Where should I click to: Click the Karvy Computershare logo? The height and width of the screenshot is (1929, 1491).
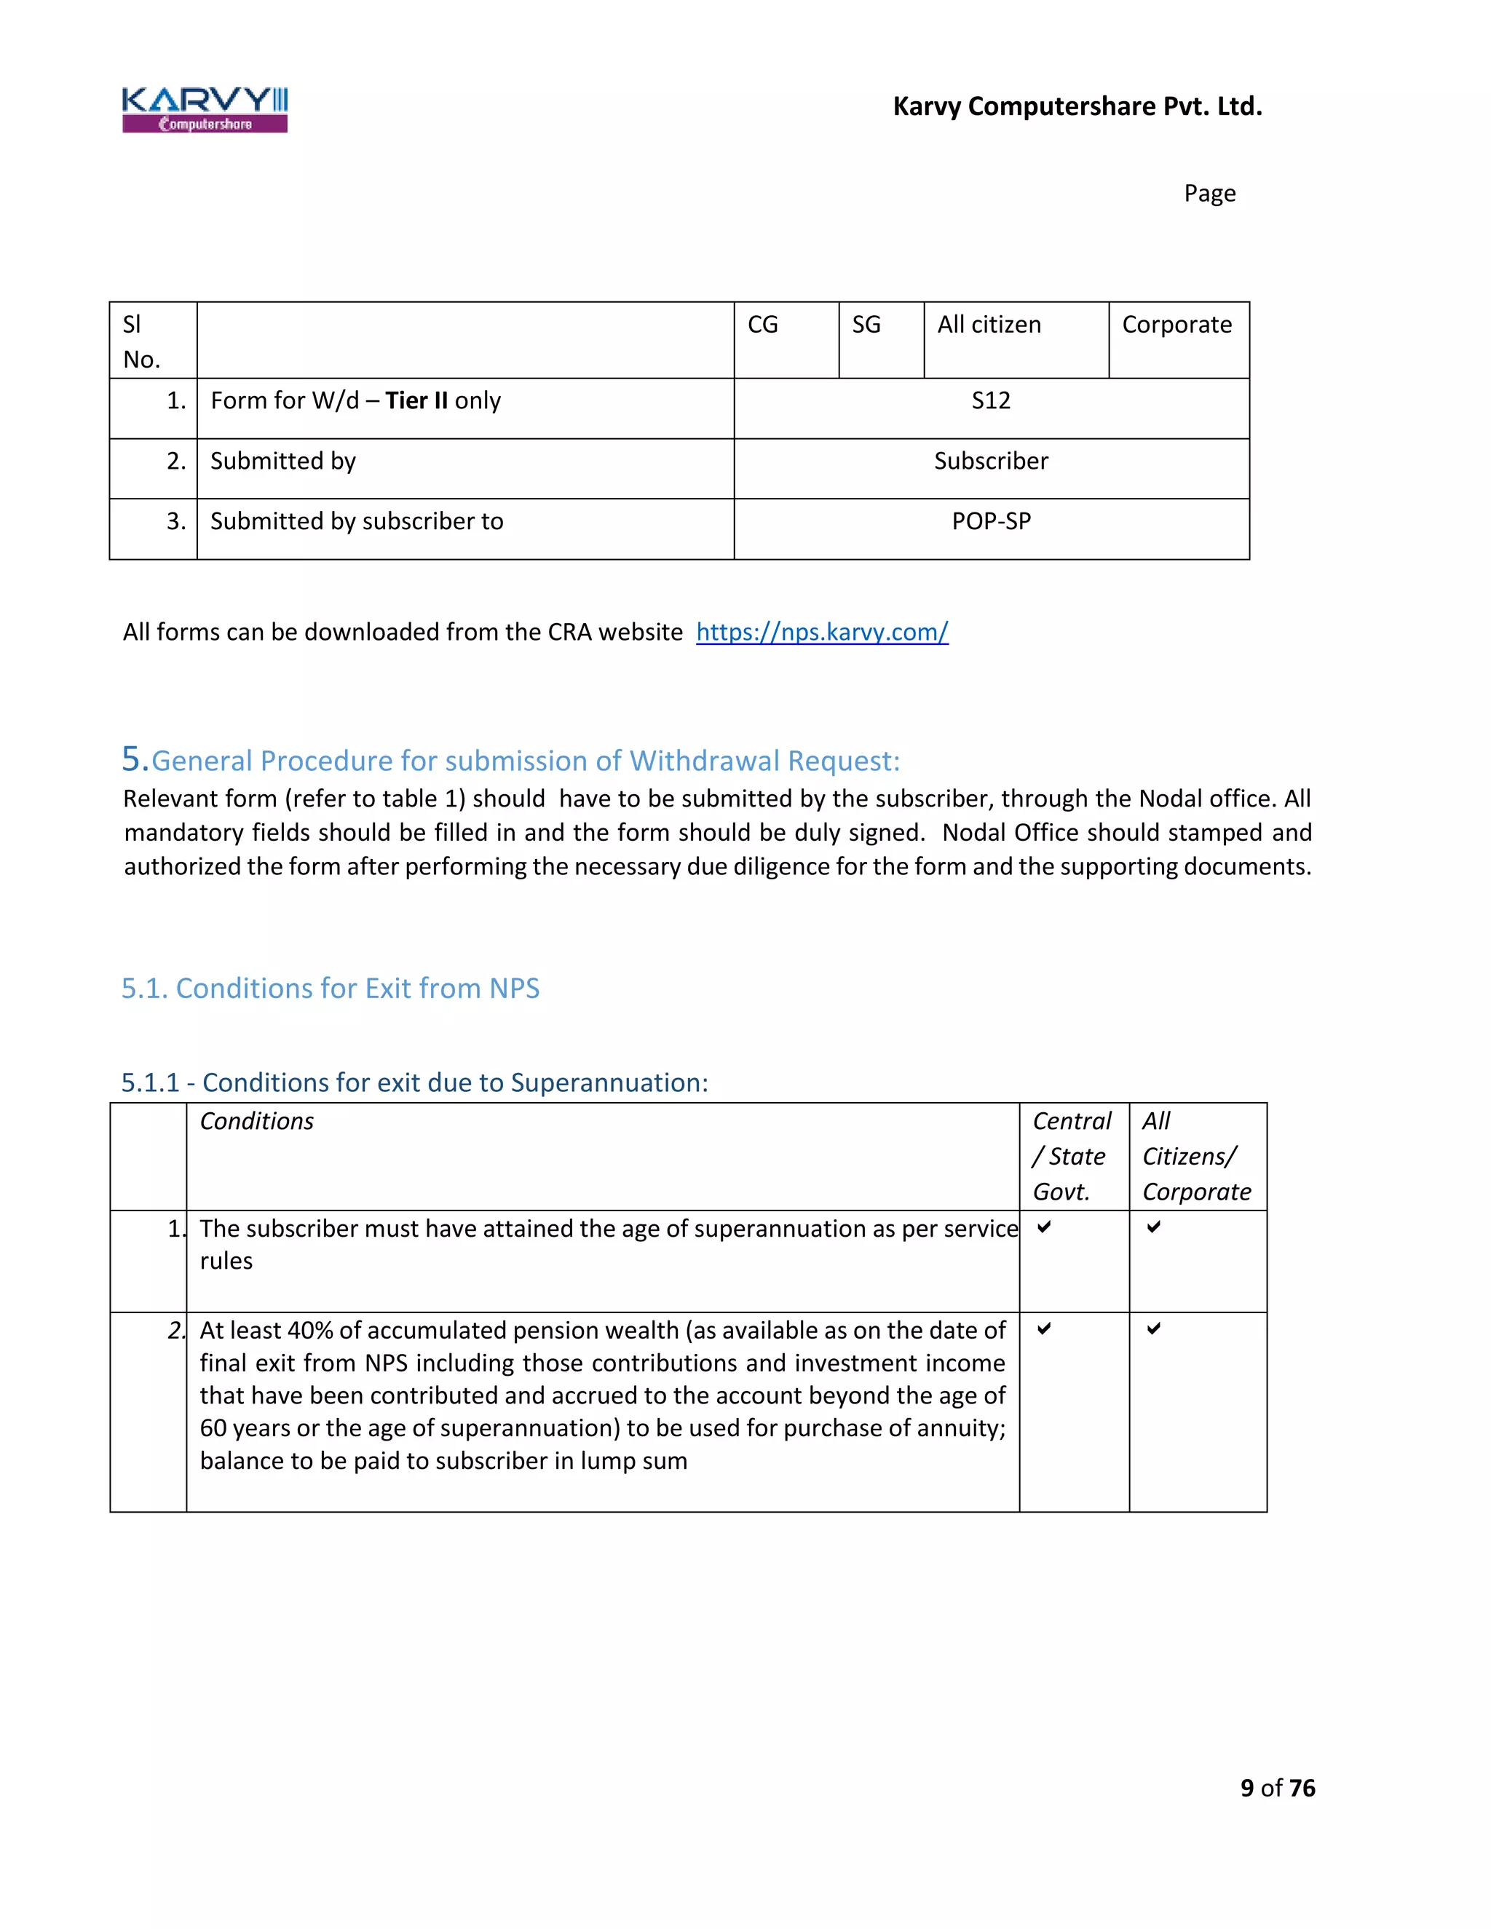(x=205, y=109)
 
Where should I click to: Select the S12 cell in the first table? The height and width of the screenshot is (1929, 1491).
(x=991, y=401)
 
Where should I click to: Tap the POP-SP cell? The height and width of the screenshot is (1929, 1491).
(x=991, y=521)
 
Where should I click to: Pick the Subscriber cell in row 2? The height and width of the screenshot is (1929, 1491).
(x=991, y=461)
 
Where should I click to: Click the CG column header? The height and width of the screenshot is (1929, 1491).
(x=763, y=325)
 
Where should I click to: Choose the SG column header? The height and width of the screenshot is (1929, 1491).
(x=866, y=325)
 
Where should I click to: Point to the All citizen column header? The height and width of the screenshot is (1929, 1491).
(x=989, y=325)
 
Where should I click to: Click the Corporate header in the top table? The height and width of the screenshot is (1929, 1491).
(x=1176, y=325)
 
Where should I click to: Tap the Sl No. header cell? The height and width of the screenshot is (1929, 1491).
(x=141, y=342)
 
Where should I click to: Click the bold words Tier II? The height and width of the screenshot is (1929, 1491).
(x=417, y=401)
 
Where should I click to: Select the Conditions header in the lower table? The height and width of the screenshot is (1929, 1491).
(x=257, y=1121)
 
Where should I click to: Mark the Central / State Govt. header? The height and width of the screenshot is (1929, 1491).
(x=1072, y=1156)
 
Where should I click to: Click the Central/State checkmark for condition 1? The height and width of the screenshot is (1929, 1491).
(x=1044, y=1227)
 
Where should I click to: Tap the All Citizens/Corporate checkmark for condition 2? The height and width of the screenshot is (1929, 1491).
(x=1154, y=1328)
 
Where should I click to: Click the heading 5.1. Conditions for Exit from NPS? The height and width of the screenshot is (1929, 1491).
(x=331, y=989)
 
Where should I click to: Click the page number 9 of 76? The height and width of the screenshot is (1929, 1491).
(x=1277, y=1788)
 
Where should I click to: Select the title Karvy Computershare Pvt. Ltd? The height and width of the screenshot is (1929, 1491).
(x=1077, y=106)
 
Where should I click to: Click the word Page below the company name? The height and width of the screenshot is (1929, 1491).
(x=1209, y=194)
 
